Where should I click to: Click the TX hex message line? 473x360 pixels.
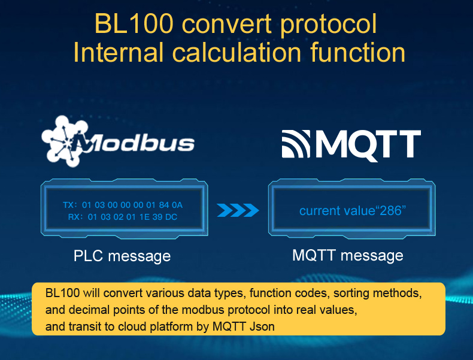[x=123, y=205]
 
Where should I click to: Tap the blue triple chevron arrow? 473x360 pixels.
[x=238, y=210]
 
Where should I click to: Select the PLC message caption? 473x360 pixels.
[x=122, y=256]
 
